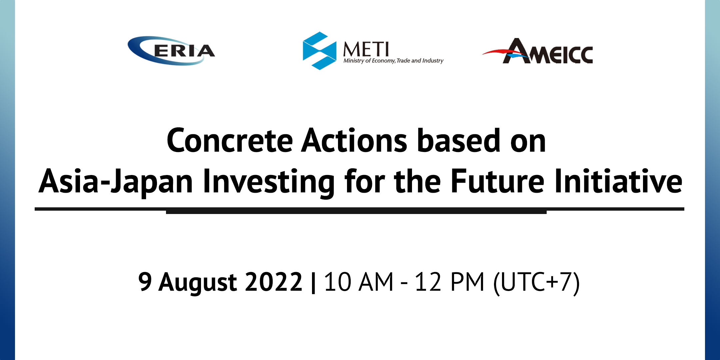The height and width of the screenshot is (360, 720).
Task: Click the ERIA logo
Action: (x=171, y=51)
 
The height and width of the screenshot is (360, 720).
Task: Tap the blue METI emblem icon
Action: (x=319, y=51)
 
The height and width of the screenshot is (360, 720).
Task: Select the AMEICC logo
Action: (x=537, y=51)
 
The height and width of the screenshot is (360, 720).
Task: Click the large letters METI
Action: (x=366, y=49)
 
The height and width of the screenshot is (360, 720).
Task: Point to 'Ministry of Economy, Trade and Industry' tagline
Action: (x=393, y=61)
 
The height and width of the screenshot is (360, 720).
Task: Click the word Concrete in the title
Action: (x=230, y=141)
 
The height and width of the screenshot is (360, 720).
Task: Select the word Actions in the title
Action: (x=354, y=141)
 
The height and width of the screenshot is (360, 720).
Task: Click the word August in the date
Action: (x=198, y=283)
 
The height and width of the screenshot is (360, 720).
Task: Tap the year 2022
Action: (x=274, y=282)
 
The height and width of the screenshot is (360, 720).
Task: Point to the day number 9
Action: (x=145, y=282)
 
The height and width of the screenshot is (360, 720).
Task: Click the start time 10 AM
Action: (x=359, y=282)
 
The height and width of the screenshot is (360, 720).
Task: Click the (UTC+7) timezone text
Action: (x=537, y=283)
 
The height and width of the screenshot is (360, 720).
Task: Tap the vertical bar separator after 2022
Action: (x=313, y=283)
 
